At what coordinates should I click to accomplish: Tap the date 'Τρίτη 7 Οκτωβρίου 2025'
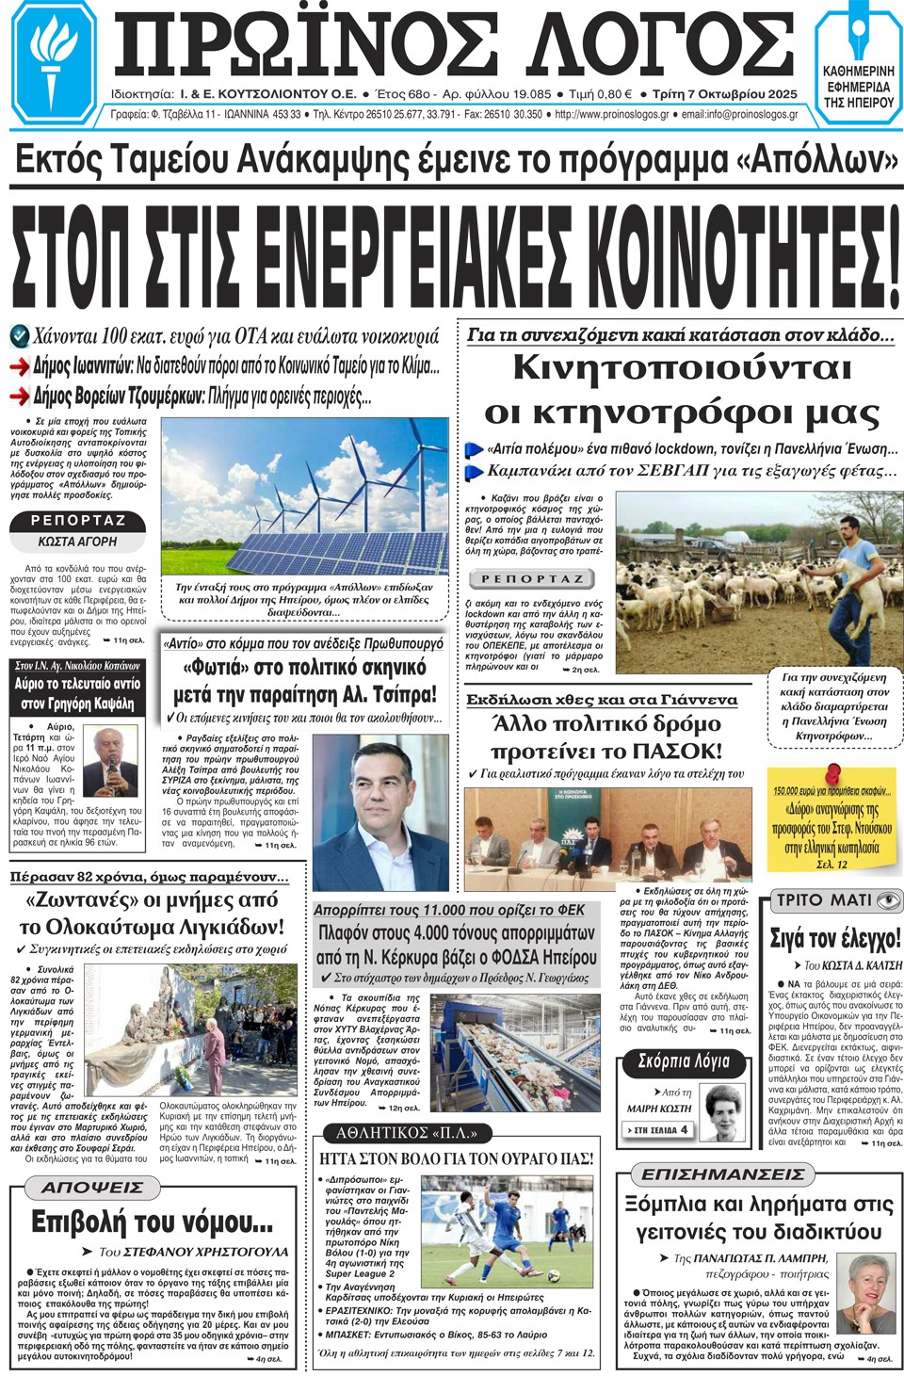click(724, 94)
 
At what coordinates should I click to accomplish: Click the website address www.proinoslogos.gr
click(612, 115)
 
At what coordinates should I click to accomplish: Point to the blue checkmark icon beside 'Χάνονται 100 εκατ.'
click(20, 335)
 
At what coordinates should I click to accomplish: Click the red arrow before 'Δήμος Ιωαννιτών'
click(20, 366)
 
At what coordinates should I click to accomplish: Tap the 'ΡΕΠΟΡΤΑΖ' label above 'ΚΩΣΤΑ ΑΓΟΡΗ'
click(78, 521)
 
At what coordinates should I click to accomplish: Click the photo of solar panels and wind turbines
click(304, 495)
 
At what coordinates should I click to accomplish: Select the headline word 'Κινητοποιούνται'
click(682, 368)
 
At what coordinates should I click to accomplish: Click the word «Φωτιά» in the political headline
click(223, 668)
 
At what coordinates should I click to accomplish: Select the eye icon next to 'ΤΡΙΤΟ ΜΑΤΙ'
click(887, 900)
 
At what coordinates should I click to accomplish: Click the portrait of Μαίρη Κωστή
click(723, 1112)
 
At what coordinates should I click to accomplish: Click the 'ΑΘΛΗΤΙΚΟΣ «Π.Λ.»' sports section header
click(408, 1133)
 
